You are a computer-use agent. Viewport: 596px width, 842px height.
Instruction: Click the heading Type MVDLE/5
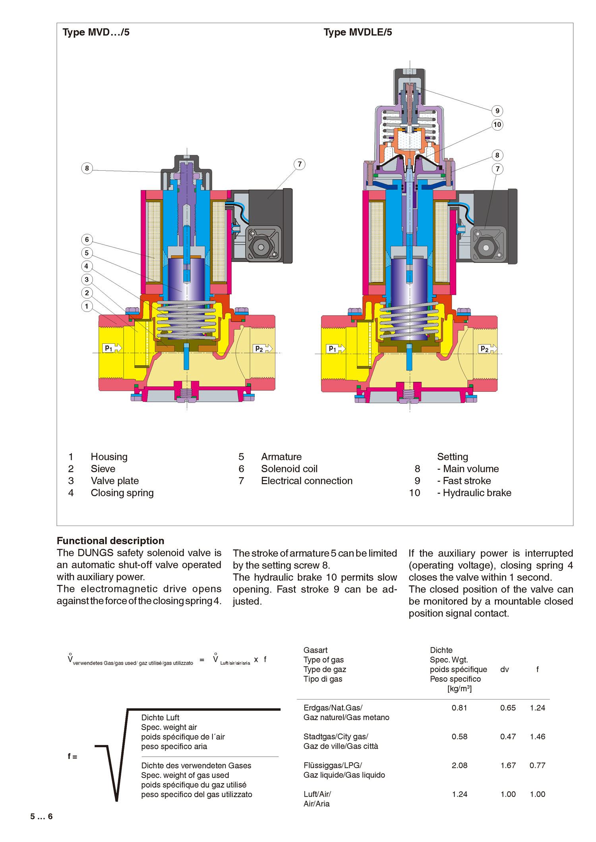(x=358, y=32)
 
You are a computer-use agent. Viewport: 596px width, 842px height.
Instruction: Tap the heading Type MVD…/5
(x=96, y=32)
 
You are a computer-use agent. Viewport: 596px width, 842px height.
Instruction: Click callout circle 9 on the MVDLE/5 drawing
(x=497, y=111)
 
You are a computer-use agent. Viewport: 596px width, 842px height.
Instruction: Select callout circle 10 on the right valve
(x=497, y=125)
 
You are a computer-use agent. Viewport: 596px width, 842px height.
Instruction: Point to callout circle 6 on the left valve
(x=87, y=239)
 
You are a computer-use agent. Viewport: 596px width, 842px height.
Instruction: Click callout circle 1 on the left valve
(x=87, y=306)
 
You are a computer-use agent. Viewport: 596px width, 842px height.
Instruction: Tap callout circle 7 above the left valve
(x=300, y=164)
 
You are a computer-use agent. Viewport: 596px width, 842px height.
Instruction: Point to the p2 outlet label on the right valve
(x=484, y=349)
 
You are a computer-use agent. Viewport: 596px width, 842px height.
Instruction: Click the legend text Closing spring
(x=122, y=493)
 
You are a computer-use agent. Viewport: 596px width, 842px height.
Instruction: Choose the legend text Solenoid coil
(x=289, y=469)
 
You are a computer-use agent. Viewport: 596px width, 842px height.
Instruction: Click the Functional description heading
(x=110, y=541)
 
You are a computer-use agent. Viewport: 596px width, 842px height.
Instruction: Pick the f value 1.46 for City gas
(x=537, y=736)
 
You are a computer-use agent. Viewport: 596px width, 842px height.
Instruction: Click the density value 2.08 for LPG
(x=459, y=765)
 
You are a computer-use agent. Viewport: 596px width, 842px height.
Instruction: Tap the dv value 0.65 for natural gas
(x=508, y=707)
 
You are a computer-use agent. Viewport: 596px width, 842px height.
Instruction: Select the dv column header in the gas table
(x=504, y=669)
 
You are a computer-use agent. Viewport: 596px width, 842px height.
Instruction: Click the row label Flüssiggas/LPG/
(x=333, y=765)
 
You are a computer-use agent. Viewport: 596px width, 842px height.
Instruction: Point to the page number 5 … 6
(x=41, y=816)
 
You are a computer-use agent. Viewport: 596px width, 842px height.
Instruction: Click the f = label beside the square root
(x=72, y=756)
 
